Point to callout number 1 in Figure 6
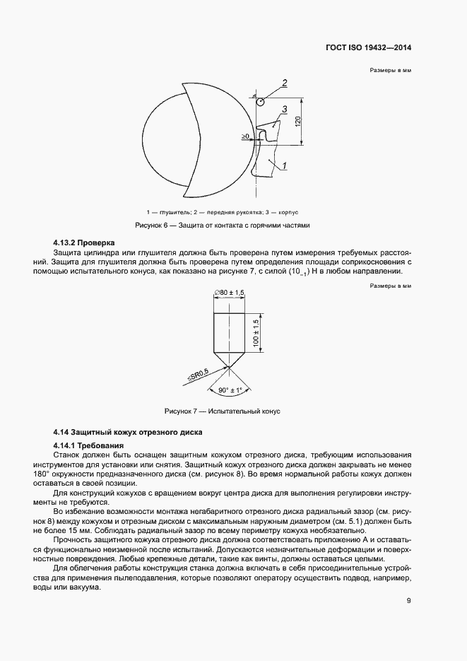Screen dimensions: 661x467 283,166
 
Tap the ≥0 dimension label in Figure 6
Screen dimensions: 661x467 245,135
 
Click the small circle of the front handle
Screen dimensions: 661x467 260,103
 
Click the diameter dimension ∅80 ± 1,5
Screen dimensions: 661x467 229,293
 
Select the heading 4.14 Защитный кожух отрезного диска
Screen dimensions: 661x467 128,431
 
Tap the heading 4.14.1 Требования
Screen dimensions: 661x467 88,445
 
